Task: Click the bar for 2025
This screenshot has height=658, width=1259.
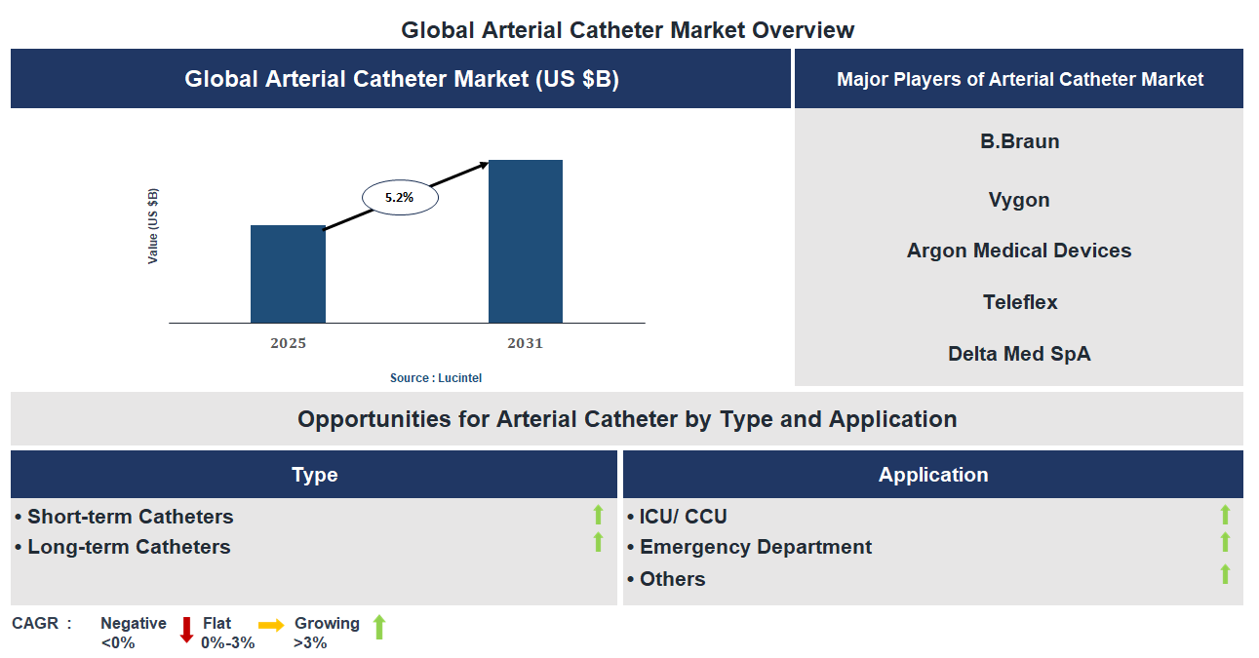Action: coord(288,274)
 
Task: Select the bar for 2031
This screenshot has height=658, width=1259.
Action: coord(526,241)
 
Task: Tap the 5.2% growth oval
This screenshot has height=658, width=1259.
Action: coord(400,197)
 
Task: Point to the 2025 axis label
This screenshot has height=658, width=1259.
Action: coord(289,343)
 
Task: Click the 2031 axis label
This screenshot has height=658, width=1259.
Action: coord(525,343)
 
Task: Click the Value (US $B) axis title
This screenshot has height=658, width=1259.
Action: coord(153,226)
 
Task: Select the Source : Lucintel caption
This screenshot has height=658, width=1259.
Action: coord(436,377)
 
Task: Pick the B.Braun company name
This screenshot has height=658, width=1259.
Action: coord(1019,141)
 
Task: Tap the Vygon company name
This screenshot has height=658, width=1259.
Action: coord(1019,200)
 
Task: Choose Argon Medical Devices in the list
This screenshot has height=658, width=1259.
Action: coord(1019,251)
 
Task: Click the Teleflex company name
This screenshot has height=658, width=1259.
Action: coord(1019,302)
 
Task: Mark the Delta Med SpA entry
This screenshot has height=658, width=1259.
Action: coord(1019,354)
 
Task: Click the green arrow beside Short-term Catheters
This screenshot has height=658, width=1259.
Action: coord(599,515)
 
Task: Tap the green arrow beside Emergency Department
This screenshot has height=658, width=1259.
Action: coord(1225,542)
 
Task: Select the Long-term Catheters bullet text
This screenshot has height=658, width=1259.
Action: coord(129,547)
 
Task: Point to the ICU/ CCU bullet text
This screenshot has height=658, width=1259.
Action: coord(683,517)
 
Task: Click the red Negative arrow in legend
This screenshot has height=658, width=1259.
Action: coord(186,630)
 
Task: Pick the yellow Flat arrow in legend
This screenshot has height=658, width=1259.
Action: coord(271,625)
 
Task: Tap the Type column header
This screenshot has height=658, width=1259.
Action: coord(314,475)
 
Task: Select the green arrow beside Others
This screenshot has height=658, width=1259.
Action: coord(1225,574)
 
